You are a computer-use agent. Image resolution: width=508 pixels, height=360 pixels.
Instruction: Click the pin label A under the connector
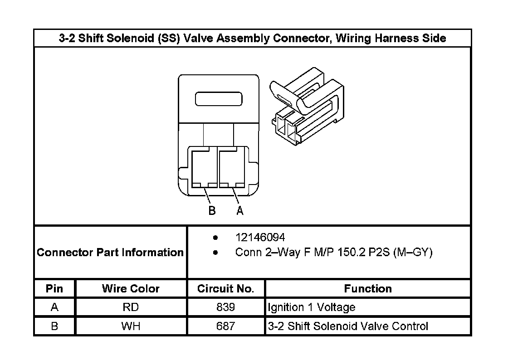click(240, 211)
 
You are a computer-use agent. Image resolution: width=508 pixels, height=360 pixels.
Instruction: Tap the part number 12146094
click(260, 238)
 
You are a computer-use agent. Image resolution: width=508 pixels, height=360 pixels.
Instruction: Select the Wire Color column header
click(131, 289)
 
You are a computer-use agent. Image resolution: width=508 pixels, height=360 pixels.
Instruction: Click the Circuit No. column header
click(225, 289)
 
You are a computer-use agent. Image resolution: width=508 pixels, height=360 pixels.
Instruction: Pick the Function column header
click(367, 289)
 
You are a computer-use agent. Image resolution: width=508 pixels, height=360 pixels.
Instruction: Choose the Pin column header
click(54, 289)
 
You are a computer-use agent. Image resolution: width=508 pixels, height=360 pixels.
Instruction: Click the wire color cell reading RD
click(131, 307)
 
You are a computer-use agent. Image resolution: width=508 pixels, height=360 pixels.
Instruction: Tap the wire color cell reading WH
click(131, 326)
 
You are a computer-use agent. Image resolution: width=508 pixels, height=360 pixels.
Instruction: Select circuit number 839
click(225, 307)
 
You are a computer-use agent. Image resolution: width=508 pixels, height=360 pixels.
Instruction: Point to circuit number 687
click(225, 326)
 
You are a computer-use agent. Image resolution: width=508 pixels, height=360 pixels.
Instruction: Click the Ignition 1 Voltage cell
click(312, 307)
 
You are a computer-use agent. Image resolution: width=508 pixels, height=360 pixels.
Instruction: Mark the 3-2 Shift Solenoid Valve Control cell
click(348, 326)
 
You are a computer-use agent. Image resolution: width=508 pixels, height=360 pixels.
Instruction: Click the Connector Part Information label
click(110, 253)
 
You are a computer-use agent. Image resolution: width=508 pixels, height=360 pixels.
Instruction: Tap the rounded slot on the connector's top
click(219, 99)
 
